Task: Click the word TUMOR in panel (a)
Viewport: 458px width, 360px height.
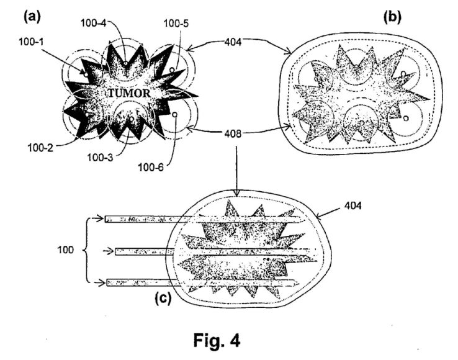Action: point(130,93)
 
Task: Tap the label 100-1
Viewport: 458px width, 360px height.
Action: point(31,42)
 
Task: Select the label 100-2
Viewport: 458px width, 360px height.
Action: point(40,148)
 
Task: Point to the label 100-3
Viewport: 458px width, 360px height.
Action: point(100,158)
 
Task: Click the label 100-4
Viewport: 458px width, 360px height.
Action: point(94,23)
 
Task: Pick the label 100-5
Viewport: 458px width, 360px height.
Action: point(176,23)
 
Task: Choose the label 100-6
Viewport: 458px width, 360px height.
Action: point(151,168)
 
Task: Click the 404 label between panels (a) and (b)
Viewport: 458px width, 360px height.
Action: point(233,42)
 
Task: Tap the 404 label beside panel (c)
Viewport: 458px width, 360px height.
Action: point(353,205)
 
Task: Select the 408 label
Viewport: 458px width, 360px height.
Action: point(233,134)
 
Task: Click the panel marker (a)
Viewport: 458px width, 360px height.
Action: point(32,16)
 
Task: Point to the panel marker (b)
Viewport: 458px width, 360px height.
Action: point(392,17)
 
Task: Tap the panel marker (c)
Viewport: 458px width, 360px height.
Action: point(163,298)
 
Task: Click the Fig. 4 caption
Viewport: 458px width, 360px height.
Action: point(217,340)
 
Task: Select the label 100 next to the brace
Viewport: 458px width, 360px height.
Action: point(65,250)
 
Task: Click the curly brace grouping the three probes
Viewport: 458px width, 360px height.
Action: point(84,250)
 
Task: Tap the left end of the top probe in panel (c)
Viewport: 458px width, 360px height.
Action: point(105,219)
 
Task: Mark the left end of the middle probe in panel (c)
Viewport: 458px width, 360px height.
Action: point(115,251)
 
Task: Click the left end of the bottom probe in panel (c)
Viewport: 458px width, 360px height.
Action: point(107,282)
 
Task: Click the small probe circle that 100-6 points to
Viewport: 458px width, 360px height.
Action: point(174,115)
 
